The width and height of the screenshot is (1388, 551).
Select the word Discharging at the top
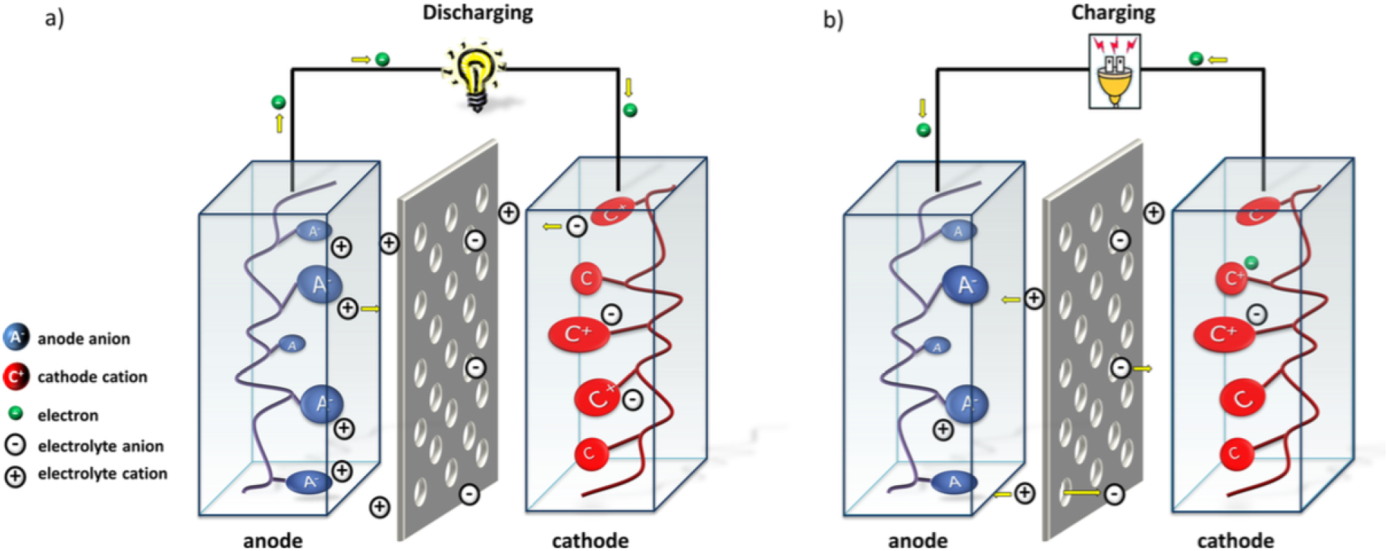[x=477, y=13]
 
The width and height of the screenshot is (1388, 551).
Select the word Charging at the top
[x=1113, y=13]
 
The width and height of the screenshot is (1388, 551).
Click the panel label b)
[x=833, y=20]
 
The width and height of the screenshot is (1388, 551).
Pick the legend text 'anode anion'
[x=83, y=339]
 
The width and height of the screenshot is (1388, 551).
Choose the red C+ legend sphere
[x=15, y=377]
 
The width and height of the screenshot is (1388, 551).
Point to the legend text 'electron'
[x=67, y=416]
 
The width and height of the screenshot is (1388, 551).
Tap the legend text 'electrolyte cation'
[x=102, y=474]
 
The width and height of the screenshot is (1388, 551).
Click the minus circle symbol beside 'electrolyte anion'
[x=15, y=445]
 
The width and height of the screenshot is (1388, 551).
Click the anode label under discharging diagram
[x=273, y=540]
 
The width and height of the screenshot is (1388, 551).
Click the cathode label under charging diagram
[x=1235, y=540]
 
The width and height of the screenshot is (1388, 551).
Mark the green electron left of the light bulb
[x=382, y=60]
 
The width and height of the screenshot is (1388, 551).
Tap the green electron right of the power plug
[x=1197, y=59]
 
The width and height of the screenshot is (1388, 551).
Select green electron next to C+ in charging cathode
[x=1251, y=263]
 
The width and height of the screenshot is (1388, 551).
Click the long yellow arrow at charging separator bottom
[x=1081, y=494]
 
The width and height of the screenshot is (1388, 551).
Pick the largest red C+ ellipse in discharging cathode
[x=579, y=334]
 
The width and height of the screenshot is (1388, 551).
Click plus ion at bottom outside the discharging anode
[x=379, y=507]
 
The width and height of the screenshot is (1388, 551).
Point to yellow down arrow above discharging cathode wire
[x=628, y=88]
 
